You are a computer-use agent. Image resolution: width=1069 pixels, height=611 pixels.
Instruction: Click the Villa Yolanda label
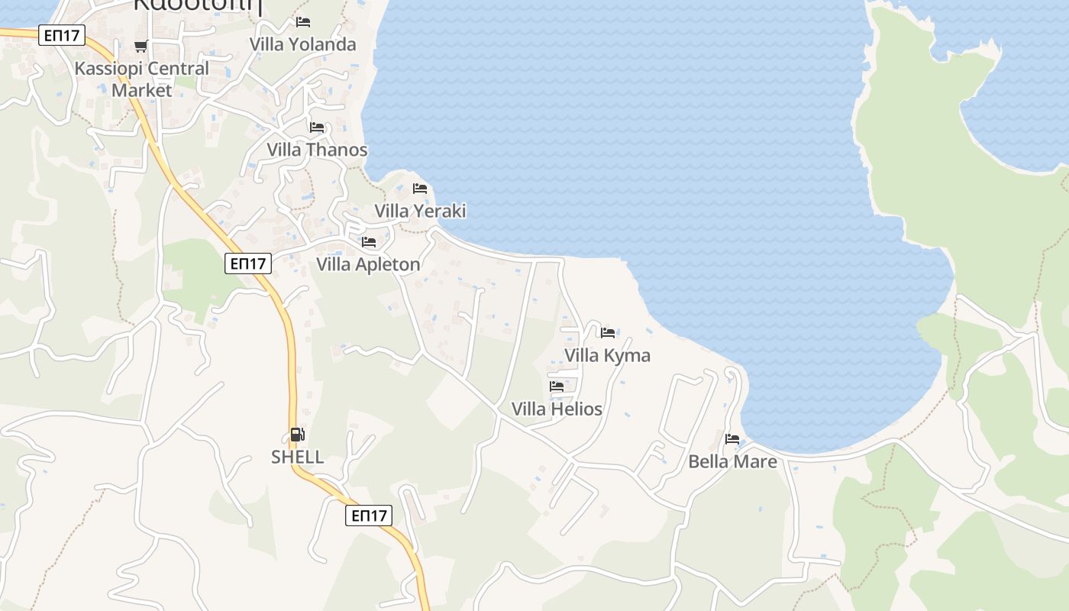(x=303, y=44)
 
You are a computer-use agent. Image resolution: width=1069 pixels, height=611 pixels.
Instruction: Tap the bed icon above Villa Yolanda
(x=303, y=22)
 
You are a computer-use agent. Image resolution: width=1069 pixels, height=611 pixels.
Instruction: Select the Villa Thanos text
(x=317, y=150)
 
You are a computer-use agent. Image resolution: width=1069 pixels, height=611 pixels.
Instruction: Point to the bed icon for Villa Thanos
(x=317, y=128)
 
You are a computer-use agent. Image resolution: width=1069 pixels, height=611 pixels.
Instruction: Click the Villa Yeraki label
(x=420, y=211)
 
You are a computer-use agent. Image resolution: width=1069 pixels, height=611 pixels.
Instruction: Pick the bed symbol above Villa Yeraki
(x=420, y=189)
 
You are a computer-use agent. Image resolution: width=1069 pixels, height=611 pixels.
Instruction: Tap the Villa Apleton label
(x=368, y=264)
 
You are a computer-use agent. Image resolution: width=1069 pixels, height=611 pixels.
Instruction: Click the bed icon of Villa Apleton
(x=369, y=242)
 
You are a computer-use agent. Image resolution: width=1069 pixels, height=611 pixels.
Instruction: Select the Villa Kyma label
(x=607, y=355)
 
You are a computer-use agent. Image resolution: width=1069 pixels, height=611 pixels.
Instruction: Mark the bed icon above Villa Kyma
(x=608, y=332)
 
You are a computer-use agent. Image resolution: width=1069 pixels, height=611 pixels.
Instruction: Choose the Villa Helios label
(x=557, y=409)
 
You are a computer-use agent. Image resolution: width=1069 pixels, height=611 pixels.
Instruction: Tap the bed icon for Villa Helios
(x=557, y=386)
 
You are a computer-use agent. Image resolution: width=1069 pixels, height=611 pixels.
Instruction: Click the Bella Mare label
(x=732, y=461)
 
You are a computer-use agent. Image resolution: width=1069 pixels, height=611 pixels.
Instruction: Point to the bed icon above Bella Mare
(x=732, y=439)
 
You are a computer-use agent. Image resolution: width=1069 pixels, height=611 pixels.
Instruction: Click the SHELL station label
(x=297, y=457)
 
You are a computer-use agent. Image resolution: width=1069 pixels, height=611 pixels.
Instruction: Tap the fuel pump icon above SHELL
(x=297, y=435)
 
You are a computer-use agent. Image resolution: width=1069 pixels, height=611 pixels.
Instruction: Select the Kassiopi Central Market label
(x=141, y=79)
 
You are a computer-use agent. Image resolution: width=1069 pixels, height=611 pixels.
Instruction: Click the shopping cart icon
(x=140, y=47)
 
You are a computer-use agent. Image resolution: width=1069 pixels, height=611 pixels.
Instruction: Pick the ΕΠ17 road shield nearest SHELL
(x=369, y=516)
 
